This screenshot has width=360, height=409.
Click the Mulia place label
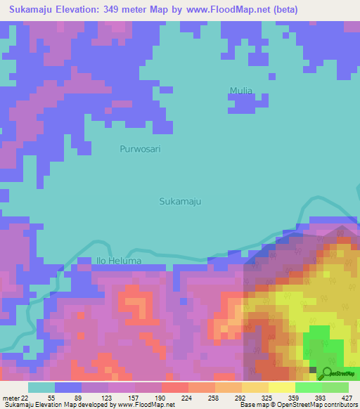pyautogui.click(x=240, y=90)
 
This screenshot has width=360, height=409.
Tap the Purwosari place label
pyautogui.click(x=140, y=149)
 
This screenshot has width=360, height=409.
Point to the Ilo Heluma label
pyautogui.click(x=117, y=261)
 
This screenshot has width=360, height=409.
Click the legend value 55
pyautogui.click(x=51, y=398)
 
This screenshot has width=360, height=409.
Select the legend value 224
pyautogui.click(x=186, y=398)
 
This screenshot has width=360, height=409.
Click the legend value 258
pyautogui.click(x=213, y=398)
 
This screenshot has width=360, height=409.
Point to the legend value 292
pyautogui.click(x=240, y=398)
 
